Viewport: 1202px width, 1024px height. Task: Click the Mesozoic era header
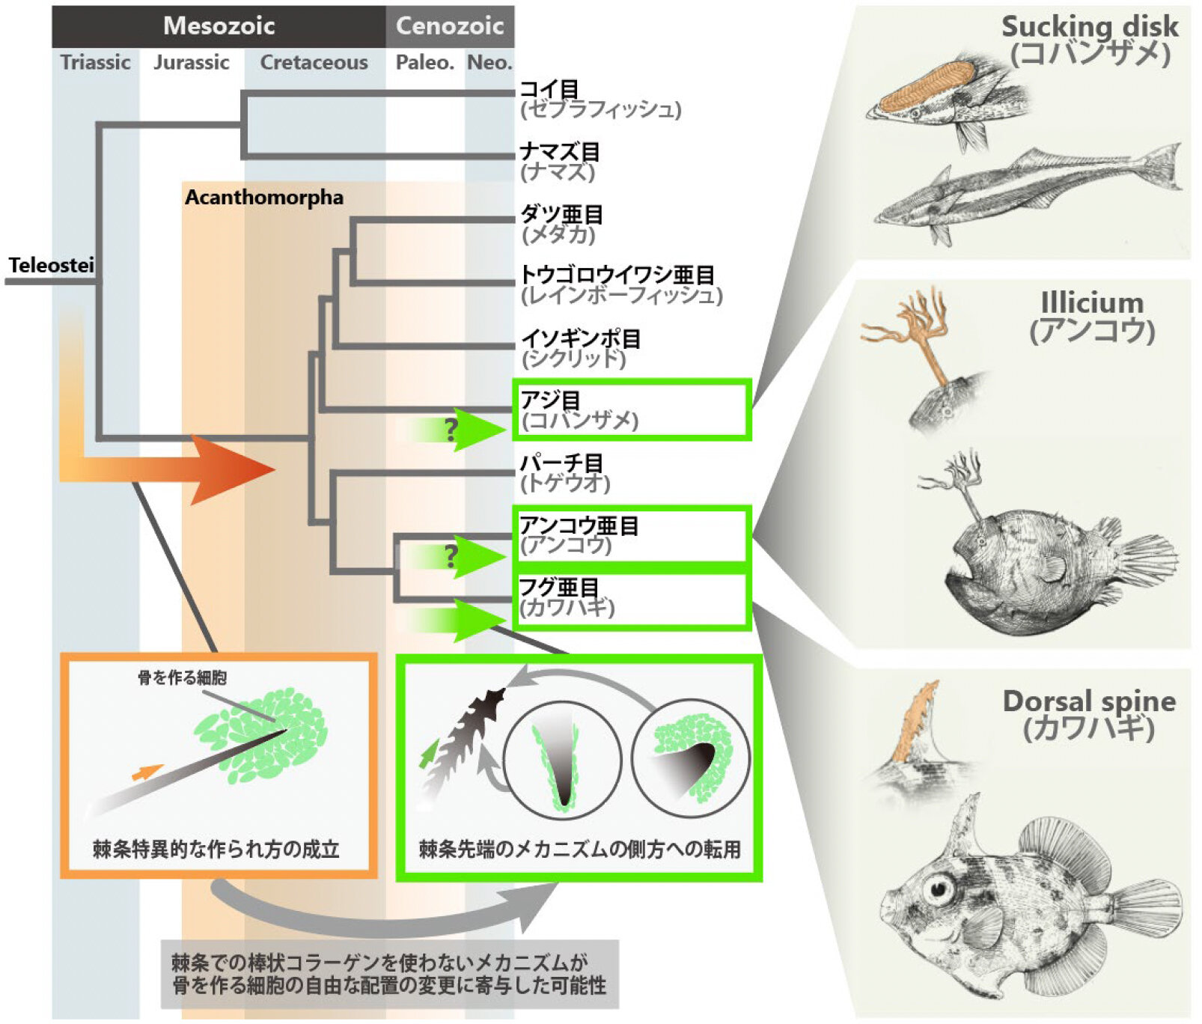[x=219, y=26]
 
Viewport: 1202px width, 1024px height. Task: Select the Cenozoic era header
[x=449, y=26]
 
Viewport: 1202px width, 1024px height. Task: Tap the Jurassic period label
[x=192, y=62]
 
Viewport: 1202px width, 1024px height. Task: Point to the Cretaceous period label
[x=314, y=62]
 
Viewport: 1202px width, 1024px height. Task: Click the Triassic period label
[x=95, y=62]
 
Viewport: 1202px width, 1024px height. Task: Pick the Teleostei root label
[x=51, y=265]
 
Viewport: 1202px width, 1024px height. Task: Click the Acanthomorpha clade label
[x=264, y=198]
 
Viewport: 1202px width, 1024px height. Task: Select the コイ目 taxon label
[x=549, y=90]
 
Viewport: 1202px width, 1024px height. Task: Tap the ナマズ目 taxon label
[x=560, y=152]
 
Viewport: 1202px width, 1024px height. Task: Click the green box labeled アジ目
[x=631, y=409]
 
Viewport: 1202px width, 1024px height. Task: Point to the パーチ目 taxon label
[x=561, y=463]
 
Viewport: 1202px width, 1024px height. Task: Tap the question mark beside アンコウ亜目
[x=451, y=556]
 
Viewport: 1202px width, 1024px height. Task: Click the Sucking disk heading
[x=1089, y=27]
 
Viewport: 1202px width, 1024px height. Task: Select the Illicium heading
[x=1092, y=303]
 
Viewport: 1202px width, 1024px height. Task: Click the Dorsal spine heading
[x=1089, y=701]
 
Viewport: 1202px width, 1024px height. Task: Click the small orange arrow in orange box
[x=147, y=772]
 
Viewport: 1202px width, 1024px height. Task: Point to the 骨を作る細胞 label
[x=182, y=678]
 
